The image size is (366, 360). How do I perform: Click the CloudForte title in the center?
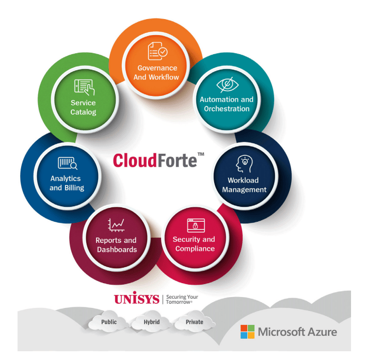click(155, 160)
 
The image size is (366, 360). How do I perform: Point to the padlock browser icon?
click(196, 225)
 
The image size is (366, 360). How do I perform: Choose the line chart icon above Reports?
click(116, 225)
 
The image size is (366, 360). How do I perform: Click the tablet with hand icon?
click(84, 87)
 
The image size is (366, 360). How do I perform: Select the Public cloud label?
click(109, 322)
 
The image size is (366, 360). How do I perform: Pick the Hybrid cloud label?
click(152, 322)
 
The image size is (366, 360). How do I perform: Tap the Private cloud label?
click(194, 322)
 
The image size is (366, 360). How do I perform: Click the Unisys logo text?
click(136, 299)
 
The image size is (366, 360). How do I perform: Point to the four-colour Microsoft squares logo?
click(248, 332)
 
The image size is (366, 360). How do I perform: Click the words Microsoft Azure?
click(297, 332)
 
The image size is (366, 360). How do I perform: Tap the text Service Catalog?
click(84, 107)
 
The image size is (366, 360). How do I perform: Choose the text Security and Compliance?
click(195, 244)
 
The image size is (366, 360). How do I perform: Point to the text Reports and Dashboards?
click(116, 245)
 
